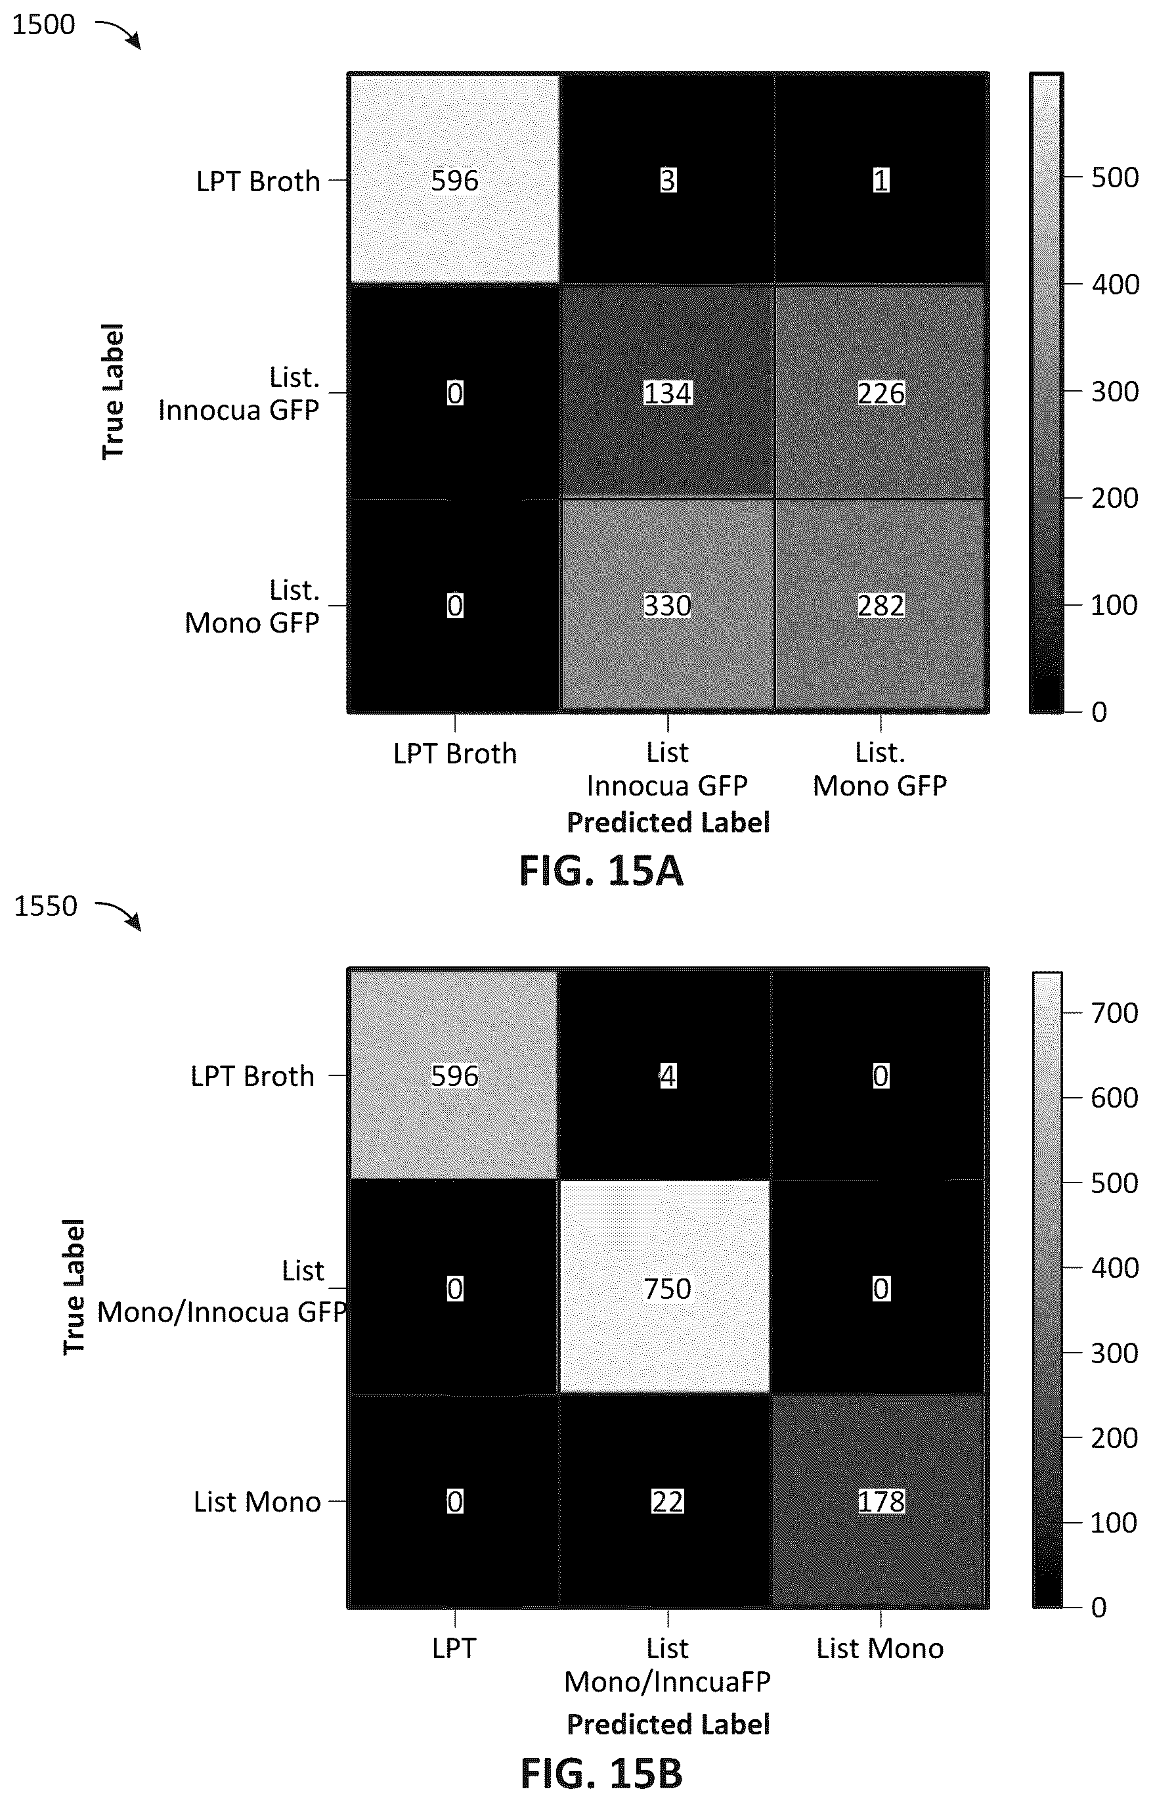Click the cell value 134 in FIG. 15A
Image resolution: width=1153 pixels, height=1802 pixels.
(667, 392)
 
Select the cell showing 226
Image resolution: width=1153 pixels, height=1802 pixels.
(881, 392)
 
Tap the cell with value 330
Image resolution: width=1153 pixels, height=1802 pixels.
(667, 605)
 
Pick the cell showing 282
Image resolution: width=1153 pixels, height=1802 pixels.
(881, 605)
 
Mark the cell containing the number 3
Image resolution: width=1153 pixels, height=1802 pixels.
(667, 180)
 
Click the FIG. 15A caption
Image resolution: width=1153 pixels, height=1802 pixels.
(601, 871)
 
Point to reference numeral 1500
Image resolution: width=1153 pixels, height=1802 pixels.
(43, 25)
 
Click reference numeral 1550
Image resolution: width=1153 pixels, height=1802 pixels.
(46, 906)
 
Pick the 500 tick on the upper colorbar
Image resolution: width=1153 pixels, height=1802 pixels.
(1115, 177)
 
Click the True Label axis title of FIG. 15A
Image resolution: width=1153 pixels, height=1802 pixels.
(112, 392)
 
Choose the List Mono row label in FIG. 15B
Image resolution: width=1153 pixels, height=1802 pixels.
(257, 1502)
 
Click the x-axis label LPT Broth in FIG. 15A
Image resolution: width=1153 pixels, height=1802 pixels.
(455, 754)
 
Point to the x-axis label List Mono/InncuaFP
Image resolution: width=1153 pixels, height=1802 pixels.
(667, 1665)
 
